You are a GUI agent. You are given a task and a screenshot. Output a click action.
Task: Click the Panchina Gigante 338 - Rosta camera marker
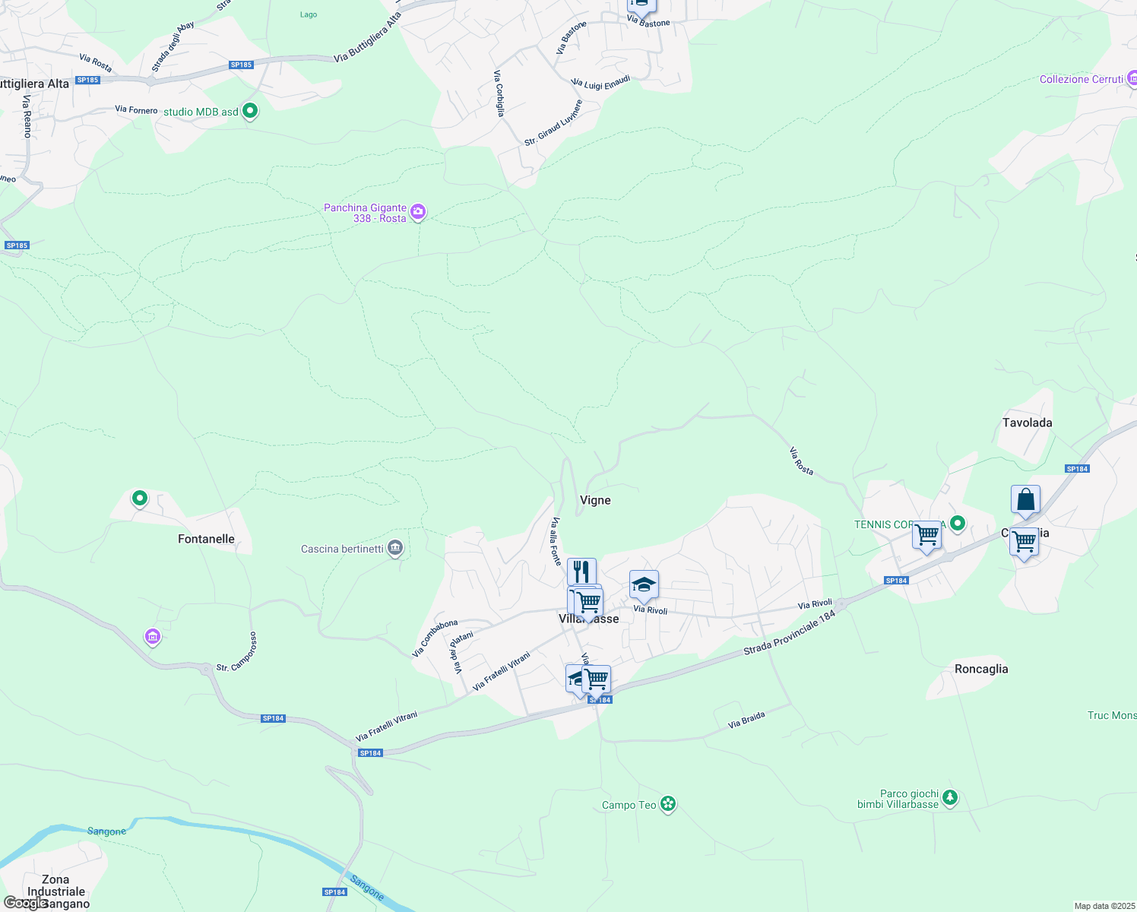pos(418,212)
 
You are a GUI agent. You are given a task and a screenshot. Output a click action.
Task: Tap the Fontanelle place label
pos(206,539)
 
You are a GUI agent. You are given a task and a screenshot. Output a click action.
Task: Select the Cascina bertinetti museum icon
pos(394,548)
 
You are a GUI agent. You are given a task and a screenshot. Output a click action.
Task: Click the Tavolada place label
pos(1027,423)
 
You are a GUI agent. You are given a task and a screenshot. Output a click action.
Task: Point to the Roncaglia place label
pos(980,669)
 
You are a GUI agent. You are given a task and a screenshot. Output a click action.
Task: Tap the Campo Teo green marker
pos(668,803)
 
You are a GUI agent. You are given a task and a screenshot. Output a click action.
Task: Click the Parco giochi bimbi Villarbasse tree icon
pos(949,798)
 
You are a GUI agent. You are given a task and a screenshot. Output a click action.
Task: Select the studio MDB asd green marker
pos(249,111)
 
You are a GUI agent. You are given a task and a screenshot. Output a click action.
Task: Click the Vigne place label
pos(595,500)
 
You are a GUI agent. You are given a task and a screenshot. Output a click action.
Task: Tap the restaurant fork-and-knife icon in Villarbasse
pos(581,570)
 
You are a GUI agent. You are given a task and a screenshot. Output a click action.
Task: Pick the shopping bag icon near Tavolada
pos(1025,500)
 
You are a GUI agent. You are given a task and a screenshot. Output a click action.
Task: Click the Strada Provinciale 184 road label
pos(790,632)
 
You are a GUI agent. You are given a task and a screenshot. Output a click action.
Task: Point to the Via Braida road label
pos(746,719)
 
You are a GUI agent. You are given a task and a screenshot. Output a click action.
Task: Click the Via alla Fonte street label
pos(556,541)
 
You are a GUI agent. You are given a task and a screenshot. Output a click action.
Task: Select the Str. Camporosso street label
pos(238,652)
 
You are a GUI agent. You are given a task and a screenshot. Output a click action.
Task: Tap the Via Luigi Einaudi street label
pos(600,82)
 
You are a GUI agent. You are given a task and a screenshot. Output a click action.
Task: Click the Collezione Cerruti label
pos(1081,79)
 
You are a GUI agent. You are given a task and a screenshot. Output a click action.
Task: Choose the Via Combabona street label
pos(435,638)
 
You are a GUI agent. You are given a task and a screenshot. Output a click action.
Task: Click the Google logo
pos(25,902)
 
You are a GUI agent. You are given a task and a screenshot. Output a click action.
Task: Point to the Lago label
pos(309,14)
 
